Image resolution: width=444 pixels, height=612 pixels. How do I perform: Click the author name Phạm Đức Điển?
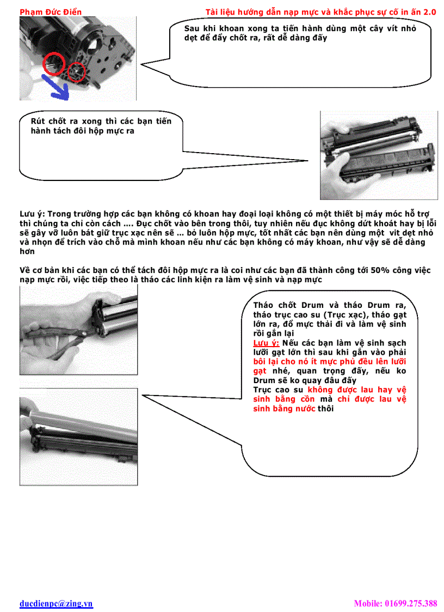[50, 11]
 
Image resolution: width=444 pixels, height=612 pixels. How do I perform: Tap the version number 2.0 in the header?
[428, 11]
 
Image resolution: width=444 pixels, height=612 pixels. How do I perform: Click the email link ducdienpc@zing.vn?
[56, 603]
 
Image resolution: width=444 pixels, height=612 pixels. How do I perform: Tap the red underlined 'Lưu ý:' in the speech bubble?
[266, 343]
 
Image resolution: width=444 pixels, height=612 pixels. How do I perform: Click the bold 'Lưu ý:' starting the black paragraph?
[33, 214]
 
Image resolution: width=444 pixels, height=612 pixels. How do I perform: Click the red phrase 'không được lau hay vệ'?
[356, 390]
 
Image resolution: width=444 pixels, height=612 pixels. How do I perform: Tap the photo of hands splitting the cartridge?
[378, 155]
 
